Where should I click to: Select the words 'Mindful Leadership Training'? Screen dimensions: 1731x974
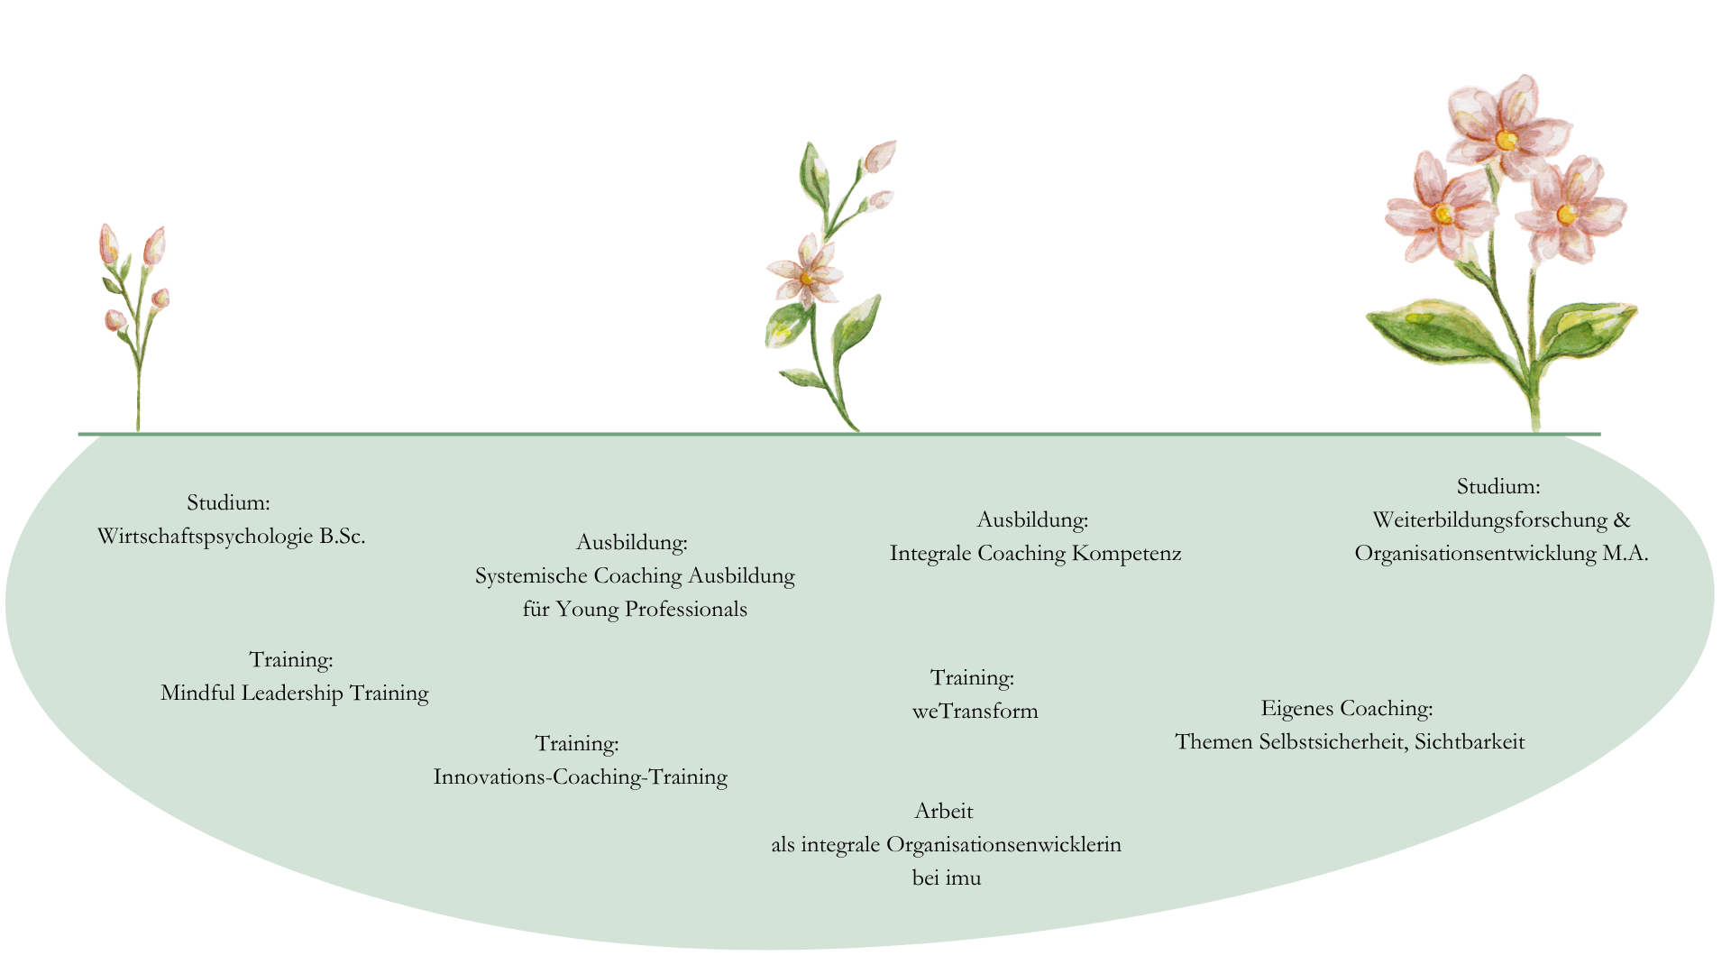tap(294, 694)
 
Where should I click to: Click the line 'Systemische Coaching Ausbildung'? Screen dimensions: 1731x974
tap(635, 576)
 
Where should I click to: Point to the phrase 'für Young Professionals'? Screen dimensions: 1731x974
tap(635, 610)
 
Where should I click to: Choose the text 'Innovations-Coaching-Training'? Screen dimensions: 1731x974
tap(580, 777)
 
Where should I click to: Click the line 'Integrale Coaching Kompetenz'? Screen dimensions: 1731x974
tap(1035, 554)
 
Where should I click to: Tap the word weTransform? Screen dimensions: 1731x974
tap(975, 712)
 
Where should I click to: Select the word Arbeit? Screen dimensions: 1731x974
tap(943, 812)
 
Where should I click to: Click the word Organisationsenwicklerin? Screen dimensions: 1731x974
tap(1003, 845)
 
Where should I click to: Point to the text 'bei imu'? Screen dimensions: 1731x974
tap(946, 878)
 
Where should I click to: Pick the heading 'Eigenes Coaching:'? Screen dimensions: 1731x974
tap(1346, 709)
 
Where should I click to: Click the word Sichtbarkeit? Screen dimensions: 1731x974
tap(1470, 742)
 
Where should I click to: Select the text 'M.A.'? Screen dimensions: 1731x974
tap(1625, 554)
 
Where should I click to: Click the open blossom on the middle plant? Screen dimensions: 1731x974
tap(806, 271)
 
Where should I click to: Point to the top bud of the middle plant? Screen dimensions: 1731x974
tap(880, 156)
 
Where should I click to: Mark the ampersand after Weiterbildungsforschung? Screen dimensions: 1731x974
tap(1622, 520)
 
